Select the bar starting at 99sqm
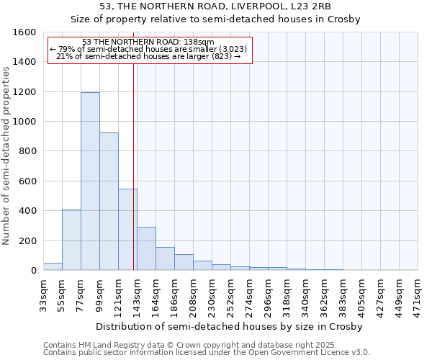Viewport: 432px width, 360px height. (109, 202)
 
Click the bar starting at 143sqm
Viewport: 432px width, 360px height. (146, 248)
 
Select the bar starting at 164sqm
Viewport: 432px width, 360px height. (165, 258)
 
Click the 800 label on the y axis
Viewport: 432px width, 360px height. (27, 151)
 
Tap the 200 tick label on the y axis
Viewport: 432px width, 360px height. (27, 240)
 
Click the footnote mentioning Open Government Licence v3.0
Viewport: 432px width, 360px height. (207, 352)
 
